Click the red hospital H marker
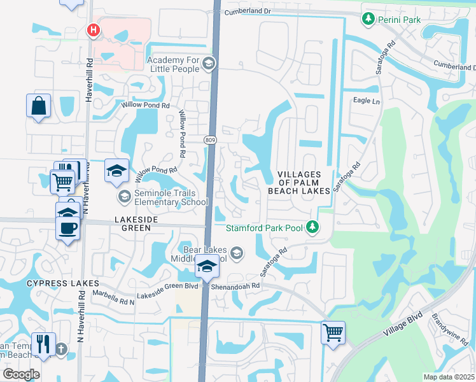94,29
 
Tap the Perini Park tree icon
368,20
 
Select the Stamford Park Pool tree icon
312,227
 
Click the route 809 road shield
210,139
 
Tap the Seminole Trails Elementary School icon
125,197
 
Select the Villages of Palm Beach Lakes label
304,182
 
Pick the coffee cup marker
69,227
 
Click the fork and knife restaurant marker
43,344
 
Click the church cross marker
61,349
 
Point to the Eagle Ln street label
366,101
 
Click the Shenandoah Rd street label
236,286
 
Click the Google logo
21,374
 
